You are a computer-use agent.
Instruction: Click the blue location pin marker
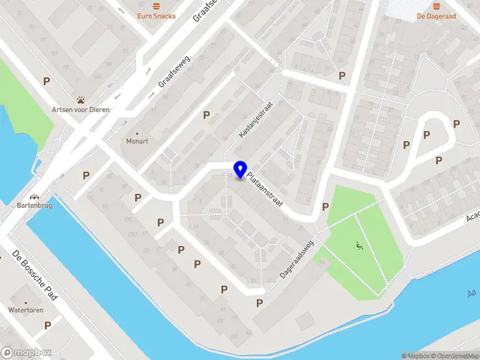click(241, 170)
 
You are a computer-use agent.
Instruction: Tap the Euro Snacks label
click(157, 16)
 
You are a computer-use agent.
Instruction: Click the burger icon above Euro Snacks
click(157, 6)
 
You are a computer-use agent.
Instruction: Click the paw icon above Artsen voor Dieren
click(80, 99)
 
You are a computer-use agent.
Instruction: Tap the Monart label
click(137, 141)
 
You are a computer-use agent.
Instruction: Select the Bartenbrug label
click(34, 205)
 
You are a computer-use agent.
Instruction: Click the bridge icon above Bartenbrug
click(34, 196)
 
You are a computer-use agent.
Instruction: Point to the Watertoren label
click(26, 310)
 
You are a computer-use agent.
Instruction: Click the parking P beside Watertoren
click(47, 325)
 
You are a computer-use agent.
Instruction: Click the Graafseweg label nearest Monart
click(174, 72)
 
